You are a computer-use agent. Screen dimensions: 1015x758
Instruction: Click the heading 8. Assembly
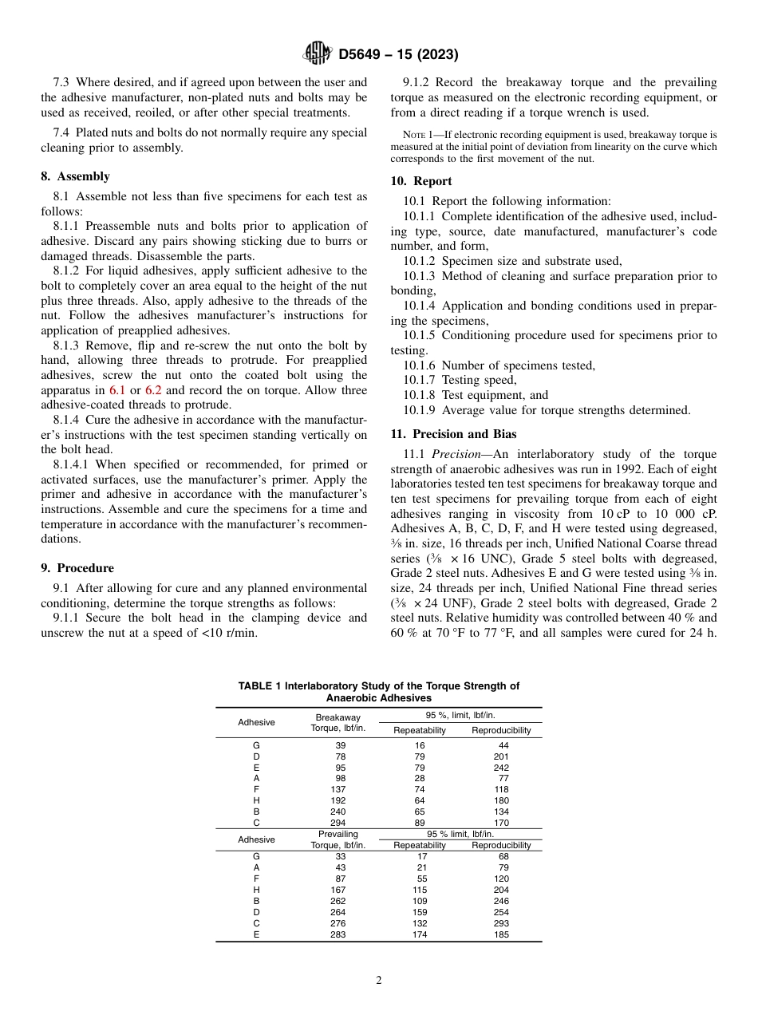[x=76, y=176]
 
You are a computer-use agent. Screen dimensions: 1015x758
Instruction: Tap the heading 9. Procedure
[x=77, y=568]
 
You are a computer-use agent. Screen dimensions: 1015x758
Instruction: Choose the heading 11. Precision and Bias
[x=453, y=434]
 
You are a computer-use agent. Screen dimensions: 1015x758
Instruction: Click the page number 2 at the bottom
[x=379, y=981]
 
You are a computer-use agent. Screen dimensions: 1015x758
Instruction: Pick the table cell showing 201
[x=501, y=756]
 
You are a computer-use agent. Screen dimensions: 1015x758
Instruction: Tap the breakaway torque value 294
[x=338, y=823]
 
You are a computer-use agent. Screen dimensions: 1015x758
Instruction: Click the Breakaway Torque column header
[x=338, y=722]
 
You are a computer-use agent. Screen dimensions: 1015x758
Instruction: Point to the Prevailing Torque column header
[x=338, y=839]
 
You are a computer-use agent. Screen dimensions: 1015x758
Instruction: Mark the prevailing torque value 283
[x=338, y=934]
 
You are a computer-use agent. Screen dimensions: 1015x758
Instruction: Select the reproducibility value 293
[x=501, y=923]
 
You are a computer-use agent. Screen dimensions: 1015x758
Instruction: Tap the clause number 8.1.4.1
[x=74, y=464]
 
